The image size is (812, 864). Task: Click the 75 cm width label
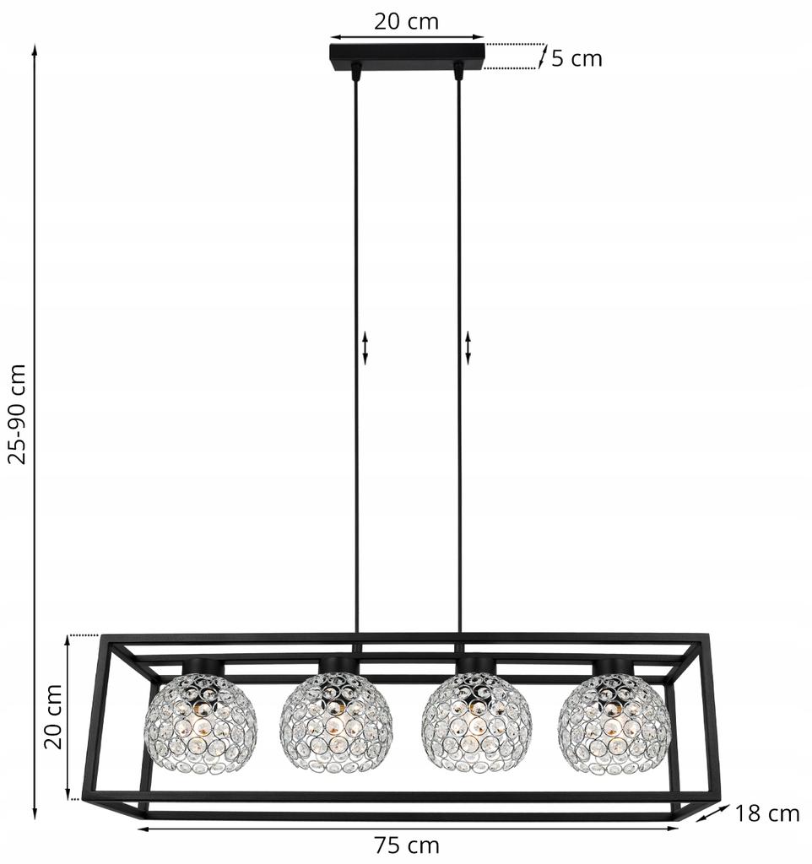click(x=407, y=845)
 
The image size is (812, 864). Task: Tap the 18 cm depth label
click(x=766, y=813)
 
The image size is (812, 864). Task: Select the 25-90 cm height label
click(x=19, y=413)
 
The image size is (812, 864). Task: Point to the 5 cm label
click(x=577, y=58)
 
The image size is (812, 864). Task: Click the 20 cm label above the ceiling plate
click(x=407, y=21)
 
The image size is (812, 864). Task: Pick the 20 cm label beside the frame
click(x=53, y=717)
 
